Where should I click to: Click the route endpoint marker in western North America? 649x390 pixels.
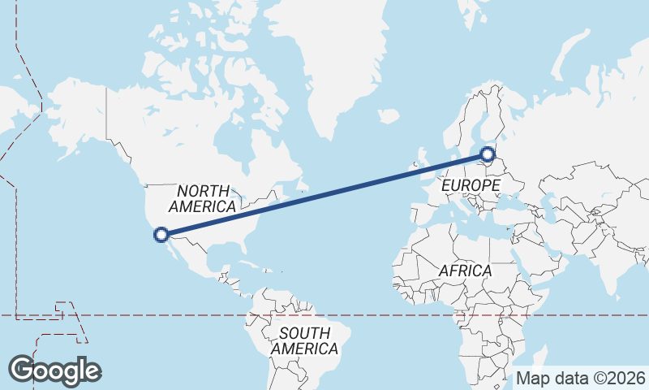pos(161,235)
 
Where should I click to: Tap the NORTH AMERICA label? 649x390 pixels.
pos(202,198)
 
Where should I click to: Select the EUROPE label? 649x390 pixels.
pos(471,186)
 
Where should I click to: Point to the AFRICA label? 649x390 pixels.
pos(465,270)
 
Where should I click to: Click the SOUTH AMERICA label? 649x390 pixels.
pos(304,340)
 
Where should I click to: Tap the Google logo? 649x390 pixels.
pos(54,370)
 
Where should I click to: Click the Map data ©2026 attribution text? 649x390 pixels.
pos(581,378)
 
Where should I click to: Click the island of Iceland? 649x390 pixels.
pos(389,116)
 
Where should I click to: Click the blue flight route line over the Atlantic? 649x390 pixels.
pos(324,194)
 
